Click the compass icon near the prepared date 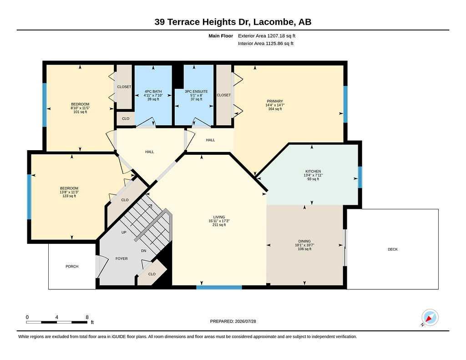tap(430, 318)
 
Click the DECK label tap(393, 249)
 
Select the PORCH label tap(72, 266)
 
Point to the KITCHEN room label tap(313, 171)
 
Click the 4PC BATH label tap(153, 91)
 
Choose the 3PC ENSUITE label tap(196, 91)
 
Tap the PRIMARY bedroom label tap(275, 101)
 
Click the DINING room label tap(304, 241)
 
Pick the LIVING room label tap(219, 217)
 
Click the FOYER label tap(122, 259)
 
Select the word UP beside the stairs tap(124, 232)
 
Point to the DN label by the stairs tap(143, 251)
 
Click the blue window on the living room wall tap(219, 287)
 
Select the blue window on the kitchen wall tap(360, 177)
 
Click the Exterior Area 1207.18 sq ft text tap(267, 35)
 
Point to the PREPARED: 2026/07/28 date tap(233, 321)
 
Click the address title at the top tap(233, 22)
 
